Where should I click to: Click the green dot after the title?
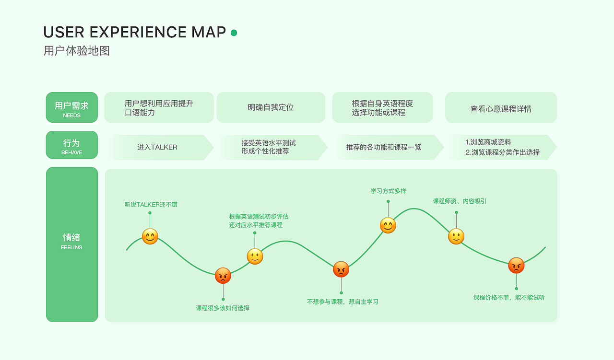pos(234,33)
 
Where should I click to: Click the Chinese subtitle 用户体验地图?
pos(77,51)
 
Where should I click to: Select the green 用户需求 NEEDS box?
pos(72,107)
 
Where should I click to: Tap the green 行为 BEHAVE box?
pos(72,145)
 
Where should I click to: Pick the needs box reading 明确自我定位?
pos(271,107)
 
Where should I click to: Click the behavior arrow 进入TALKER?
pos(158,147)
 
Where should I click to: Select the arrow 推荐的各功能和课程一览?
pos(384,147)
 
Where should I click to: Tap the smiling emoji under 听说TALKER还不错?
pos(150,236)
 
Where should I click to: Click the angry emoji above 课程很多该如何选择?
pos(223,276)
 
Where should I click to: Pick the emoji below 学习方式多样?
pos(388,225)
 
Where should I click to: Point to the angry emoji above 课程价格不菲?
pos(516,266)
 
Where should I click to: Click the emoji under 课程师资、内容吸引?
pos(456,236)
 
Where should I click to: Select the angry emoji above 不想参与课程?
pos(341,269)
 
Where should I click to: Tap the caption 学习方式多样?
pos(388,191)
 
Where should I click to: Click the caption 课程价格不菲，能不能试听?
pos(509,298)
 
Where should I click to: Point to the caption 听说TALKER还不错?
pos(151,205)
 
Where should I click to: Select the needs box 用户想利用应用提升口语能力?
pos(159,107)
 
